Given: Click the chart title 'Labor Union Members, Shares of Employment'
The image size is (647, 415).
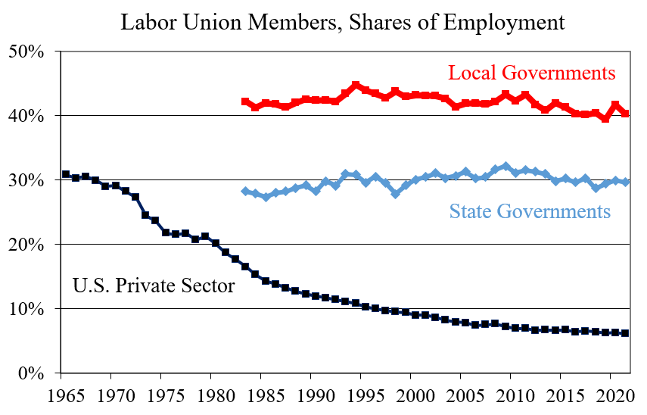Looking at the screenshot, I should (342, 22).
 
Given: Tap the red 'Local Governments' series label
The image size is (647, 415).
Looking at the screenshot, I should (531, 73).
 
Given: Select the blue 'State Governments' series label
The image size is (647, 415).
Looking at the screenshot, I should (530, 211).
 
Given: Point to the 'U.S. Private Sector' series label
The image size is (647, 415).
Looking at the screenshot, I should (154, 286).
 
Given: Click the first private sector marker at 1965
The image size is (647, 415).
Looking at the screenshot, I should (66, 175).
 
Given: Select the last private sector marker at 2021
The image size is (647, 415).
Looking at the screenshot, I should (625, 333).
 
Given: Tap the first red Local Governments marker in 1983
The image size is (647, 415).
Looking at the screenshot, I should (245, 101).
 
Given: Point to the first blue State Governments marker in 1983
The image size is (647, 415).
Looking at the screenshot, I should (245, 192).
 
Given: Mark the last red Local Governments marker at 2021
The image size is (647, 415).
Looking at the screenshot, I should (625, 114).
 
